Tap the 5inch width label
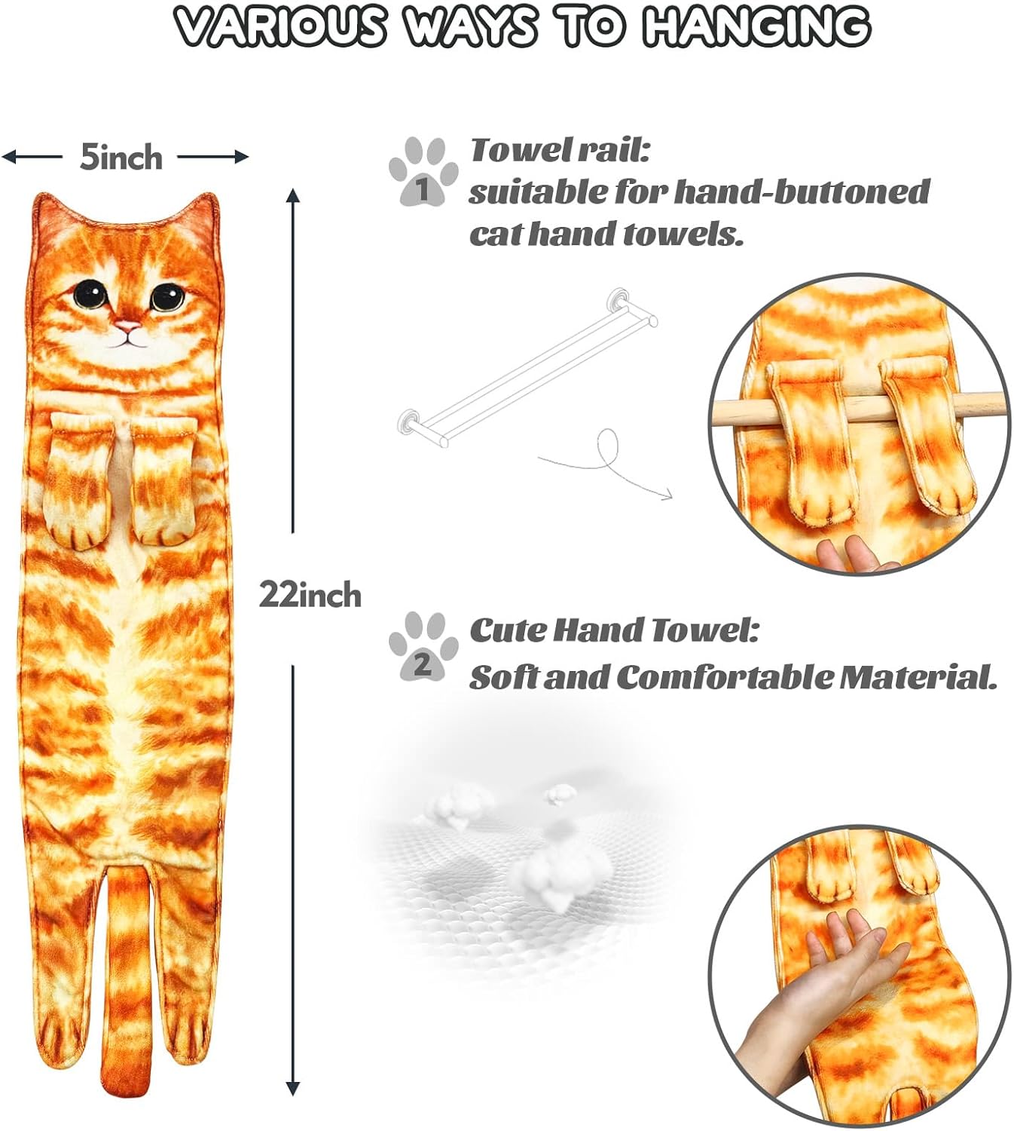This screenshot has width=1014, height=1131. tap(121, 158)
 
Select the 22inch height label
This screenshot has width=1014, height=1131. tap(310, 596)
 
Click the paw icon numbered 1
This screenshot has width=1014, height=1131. tap(423, 172)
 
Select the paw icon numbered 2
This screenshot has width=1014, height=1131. tap(423, 648)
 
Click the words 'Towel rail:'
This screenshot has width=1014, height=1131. tap(560, 150)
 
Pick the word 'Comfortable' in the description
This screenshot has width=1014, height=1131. tap(725, 677)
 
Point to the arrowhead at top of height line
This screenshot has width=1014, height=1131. tap(293, 197)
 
